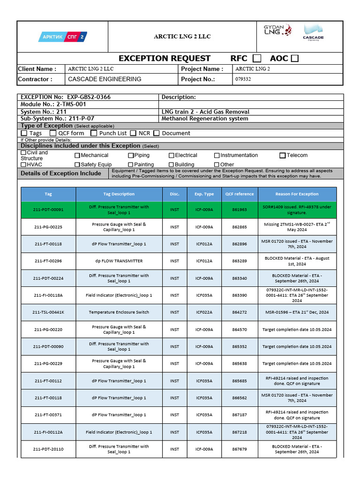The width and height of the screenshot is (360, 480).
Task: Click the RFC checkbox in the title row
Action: pyautogui.click(x=257, y=59)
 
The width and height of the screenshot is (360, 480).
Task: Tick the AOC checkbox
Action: pyautogui.click(x=294, y=59)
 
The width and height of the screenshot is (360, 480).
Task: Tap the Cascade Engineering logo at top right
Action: pyautogui.click(x=313, y=33)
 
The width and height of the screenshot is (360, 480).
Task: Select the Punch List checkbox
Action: pyautogui.click(x=94, y=133)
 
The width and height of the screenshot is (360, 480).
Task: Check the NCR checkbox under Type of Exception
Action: pyautogui.click(x=134, y=133)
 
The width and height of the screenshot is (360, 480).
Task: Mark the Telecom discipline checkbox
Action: pyautogui.click(x=283, y=155)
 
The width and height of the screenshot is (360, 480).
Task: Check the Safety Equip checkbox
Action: pyautogui.click(x=77, y=165)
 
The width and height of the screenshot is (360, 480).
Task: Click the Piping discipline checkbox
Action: pyautogui.click(x=131, y=155)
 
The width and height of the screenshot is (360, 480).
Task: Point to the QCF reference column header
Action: pyautogui.click(x=239, y=194)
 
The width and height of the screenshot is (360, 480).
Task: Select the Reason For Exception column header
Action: pyautogui.click(x=297, y=194)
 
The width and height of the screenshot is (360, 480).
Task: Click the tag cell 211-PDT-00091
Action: pyautogui.click(x=48, y=210)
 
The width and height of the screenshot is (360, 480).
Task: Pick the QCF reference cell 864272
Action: pyautogui.click(x=239, y=312)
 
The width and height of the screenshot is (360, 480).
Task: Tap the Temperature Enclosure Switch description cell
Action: pyautogui.click(x=119, y=312)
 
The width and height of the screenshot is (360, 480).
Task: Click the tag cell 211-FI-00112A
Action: pyautogui.click(x=48, y=432)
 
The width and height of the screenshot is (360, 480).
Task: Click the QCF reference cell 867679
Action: pyautogui.click(x=239, y=449)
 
